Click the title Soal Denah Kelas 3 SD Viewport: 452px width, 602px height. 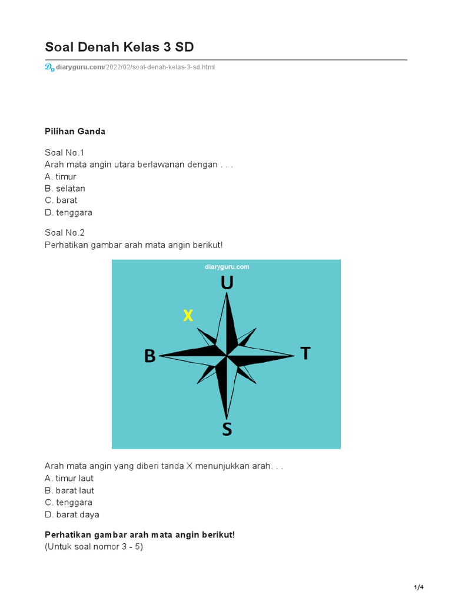point(119,46)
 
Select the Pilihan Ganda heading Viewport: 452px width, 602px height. point(75,131)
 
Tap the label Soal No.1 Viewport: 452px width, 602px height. point(64,152)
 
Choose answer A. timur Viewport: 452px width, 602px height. point(60,176)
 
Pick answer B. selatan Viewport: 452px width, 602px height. point(65,188)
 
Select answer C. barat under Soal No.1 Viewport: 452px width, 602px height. point(61,200)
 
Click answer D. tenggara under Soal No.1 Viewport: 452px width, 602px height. point(68,212)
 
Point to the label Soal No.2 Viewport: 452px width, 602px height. point(65,232)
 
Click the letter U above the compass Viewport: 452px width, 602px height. point(227,283)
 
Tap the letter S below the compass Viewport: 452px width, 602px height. point(227,430)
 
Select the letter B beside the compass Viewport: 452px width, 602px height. point(150,356)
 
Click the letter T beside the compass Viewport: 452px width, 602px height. point(305,353)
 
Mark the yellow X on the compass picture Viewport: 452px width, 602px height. point(188,316)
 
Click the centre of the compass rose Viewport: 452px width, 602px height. point(227,356)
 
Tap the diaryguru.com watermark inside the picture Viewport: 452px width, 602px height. point(227,267)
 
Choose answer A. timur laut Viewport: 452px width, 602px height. point(69,479)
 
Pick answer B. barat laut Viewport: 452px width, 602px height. point(69,490)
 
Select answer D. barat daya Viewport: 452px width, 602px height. point(72,514)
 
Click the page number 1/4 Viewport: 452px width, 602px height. point(418,587)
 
